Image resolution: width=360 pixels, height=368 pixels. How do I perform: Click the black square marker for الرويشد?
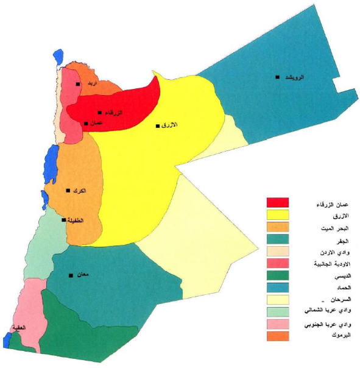point(277,77)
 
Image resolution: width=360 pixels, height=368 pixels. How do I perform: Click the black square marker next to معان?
point(71,275)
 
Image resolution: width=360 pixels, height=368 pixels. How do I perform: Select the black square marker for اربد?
point(78,84)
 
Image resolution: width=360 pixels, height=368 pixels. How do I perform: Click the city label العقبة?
point(19,327)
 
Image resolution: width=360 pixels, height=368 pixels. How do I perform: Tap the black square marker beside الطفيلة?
point(64,220)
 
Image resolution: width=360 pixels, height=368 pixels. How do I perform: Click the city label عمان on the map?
point(96,123)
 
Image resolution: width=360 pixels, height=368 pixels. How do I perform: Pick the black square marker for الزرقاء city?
point(100,112)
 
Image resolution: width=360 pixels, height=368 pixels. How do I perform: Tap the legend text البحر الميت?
point(320,227)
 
